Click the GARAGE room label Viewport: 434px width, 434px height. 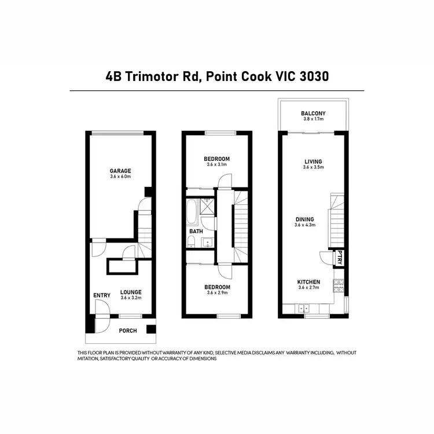pyautogui.click(x=121, y=171)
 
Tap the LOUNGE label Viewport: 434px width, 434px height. pyautogui.click(x=131, y=292)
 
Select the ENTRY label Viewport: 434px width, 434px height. pyautogui.click(x=102, y=296)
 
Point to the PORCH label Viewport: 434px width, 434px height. pyautogui.click(x=128, y=331)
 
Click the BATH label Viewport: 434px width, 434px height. pyautogui.click(x=196, y=232)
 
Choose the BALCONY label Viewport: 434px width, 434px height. pyautogui.click(x=313, y=113)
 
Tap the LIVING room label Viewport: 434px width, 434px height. pyautogui.click(x=313, y=161)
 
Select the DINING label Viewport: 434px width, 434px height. pyautogui.click(x=305, y=219)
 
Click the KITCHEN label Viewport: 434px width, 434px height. pyautogui.click(x=308, y=281)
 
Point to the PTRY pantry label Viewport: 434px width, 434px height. pyautogui.click(x=340, y=258)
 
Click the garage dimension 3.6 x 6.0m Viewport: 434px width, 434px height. pyautogui.click(x=121, y=176)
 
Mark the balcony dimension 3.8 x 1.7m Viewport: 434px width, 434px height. pyautogui.click(x=313, y=119)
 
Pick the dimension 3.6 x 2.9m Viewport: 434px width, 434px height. pyautogui.click(x=218, y=293)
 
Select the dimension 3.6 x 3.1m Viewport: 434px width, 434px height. pyautogui.click(x=218, y=165)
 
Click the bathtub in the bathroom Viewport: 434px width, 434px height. pyautogui.click(x=192, y=212)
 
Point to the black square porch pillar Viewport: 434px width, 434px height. pyautogui.click(x=151, y=329)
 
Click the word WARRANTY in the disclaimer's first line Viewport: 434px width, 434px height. pyautogui.click(x=176, y=353)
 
